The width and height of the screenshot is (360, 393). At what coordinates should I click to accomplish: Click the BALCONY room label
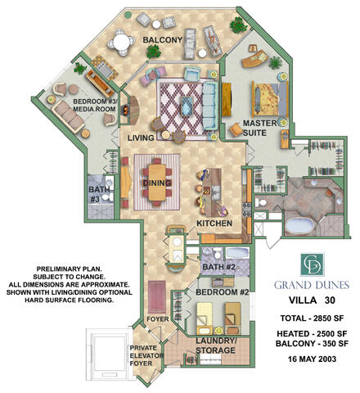(x=163, y=39)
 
